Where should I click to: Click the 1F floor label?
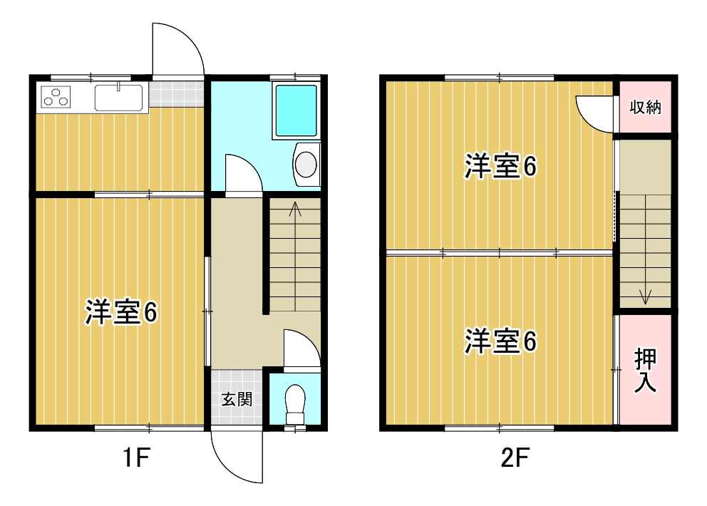pos(134,457)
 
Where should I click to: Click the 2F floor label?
pos(513,457)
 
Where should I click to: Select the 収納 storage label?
pos(645,108)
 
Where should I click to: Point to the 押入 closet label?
pos(646,371)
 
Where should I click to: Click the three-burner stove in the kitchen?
pos(56,96)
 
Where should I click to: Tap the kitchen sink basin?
pos(119,97)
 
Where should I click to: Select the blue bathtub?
pos(296,111)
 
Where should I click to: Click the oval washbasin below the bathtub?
pos(306,163)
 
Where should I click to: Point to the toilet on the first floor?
pos(294,403)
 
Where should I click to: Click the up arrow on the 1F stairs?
pos(295,210)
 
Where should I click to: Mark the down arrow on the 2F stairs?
pos(646,295)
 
